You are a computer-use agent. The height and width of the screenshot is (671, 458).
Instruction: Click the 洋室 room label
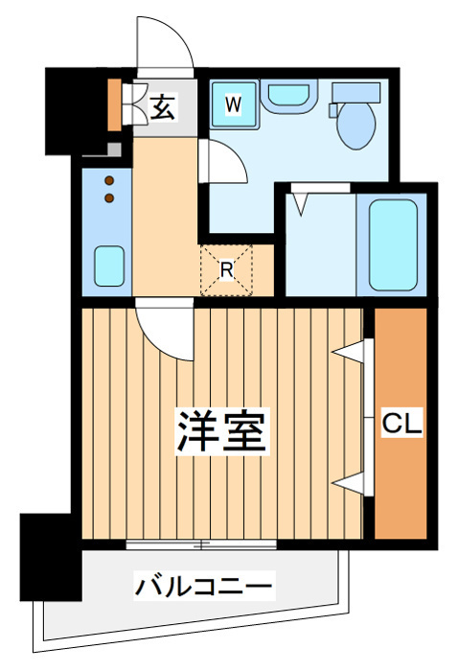pyautogui.click(x=223, y=431)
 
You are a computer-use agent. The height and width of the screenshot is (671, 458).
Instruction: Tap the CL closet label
pyautogui.click(x=401, y=424)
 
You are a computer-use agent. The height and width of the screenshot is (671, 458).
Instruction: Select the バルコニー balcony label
pyautogui.click(x=204, y=586)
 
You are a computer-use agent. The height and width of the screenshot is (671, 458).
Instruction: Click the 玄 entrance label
pyautogui.click(x=163, y=107)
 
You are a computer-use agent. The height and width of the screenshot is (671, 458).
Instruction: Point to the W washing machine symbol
pyautogui.click(x=234, y=104)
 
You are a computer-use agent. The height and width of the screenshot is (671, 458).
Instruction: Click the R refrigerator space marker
pyautogui.click(x=227, y=269)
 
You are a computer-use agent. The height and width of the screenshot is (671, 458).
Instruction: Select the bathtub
pyautogui.click(x=393, y=245)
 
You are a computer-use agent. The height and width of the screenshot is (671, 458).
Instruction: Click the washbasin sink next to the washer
pyautogui.click(x=288, y=96)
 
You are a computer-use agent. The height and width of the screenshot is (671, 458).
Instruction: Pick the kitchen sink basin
pyautogui.click(x=109, y=266)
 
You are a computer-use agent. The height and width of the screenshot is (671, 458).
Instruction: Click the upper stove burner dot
pyautogui.click(x=109, y=180)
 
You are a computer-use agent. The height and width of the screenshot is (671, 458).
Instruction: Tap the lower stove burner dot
pyautogui.click(x=109, y=197)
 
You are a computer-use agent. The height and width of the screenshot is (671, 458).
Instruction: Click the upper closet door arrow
pyautogui.click(x=348, y=352)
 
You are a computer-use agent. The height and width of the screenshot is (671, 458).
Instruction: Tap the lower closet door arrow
pyautogui.click(x=348, y=483)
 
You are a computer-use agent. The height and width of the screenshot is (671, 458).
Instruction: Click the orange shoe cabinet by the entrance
pyautogui.click(x=114, y=104)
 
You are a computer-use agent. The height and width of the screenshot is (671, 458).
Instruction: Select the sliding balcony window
pyautogui.click(x=201, y=544)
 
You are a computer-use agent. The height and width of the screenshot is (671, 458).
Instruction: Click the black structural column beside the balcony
pyautogui.click(x=51, y=557)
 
